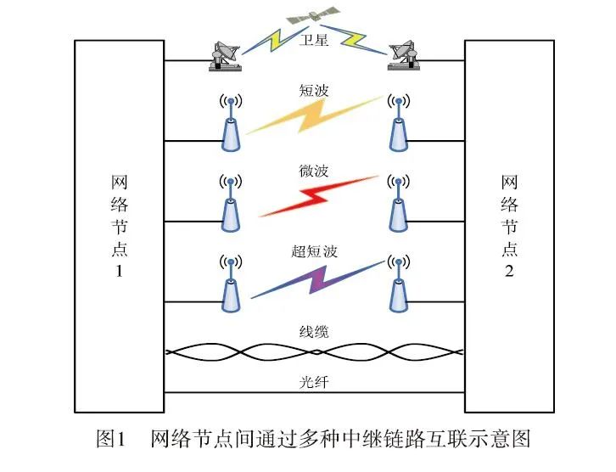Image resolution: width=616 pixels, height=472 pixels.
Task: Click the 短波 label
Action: pos(314,89)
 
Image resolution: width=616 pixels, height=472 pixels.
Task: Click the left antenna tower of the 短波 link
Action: pos(229,123)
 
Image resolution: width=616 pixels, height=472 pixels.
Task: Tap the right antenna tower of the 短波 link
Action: pos(396,123)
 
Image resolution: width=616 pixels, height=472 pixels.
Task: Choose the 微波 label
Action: pos(314,171)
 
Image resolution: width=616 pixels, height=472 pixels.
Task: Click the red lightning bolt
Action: pos(314,197)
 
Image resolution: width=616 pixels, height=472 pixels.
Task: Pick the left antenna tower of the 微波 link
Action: pos(229,204)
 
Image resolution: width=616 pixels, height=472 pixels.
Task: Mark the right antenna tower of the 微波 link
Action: pos(396,204)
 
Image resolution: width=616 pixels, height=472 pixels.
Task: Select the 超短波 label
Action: pos(314,250)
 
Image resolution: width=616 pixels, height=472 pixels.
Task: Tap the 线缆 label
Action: pos(314,332)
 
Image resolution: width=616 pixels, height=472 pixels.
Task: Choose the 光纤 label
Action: pos(314,382)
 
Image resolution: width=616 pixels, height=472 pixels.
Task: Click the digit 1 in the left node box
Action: pos(119,272)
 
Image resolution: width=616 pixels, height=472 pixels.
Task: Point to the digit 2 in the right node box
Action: pos(509,272)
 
